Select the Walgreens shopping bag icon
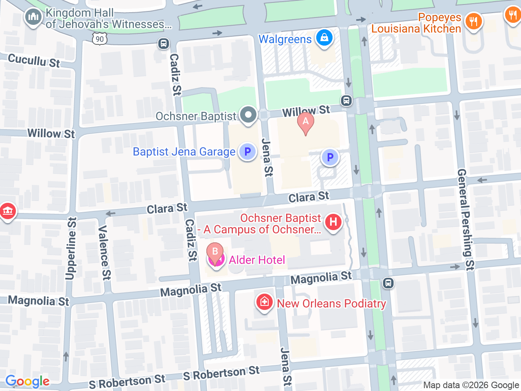(x=324, y=38)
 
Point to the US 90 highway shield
(x=100, y=39)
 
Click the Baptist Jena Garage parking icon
(x=247, y=152)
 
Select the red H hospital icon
(x=333, y=222)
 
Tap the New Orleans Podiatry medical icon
(x=264, y=302)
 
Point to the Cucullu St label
(x=34, y=61)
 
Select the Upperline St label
(x=71, y=248)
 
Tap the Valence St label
(x=104, y=253)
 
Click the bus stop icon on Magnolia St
(x=388, y=283)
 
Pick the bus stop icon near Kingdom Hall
(x=164, y=44)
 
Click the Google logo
(x=27, y=381)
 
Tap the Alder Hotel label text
(x=257, y=260)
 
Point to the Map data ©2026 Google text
(x=471, y=385)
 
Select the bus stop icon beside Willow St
(x=346, y=100)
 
